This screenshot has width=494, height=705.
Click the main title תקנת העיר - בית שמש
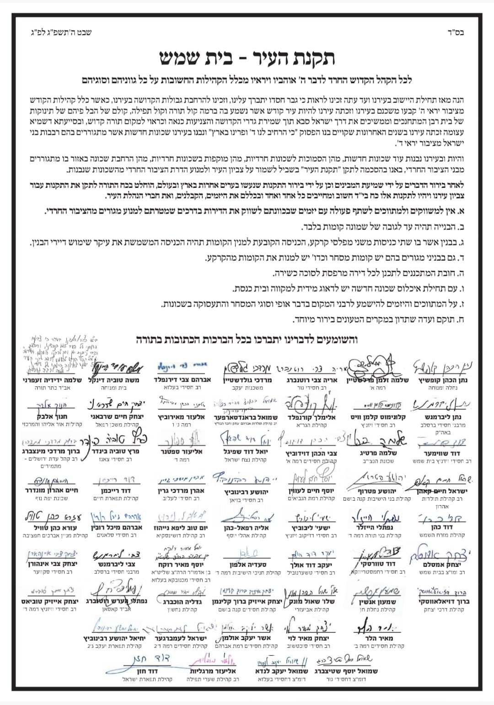247,58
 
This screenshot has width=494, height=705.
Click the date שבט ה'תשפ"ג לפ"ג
61,32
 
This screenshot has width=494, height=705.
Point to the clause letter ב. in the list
461,227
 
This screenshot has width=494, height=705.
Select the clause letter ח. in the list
461,320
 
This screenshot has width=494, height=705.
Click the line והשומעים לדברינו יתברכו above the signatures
247,339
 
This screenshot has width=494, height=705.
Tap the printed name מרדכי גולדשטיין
247,380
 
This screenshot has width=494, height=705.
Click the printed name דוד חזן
147,671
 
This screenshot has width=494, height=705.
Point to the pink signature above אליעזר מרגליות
213,660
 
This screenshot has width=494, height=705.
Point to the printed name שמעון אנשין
378,602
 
